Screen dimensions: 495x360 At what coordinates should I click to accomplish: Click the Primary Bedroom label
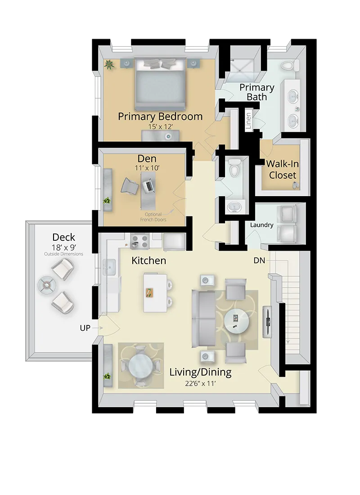[x=160, y=117]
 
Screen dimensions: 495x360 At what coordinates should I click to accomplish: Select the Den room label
[x=147, y=158]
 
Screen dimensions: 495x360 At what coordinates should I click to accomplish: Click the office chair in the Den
[x=130, y=185]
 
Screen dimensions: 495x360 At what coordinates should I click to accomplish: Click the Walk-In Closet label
[x=283, y=169]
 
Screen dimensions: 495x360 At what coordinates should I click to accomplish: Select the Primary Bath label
[x=256, y=92]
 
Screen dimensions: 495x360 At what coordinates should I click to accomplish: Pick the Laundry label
[x=261, y=225]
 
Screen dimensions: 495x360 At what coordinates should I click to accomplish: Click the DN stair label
[x=259, y=260]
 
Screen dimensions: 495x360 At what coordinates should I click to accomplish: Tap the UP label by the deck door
[x=85, y=328]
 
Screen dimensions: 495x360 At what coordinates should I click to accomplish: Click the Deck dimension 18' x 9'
[x=63, y=247]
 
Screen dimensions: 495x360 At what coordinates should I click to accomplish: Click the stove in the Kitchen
[x=139, y=241]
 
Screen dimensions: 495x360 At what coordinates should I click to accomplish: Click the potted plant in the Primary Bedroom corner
[x=109, y=64]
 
